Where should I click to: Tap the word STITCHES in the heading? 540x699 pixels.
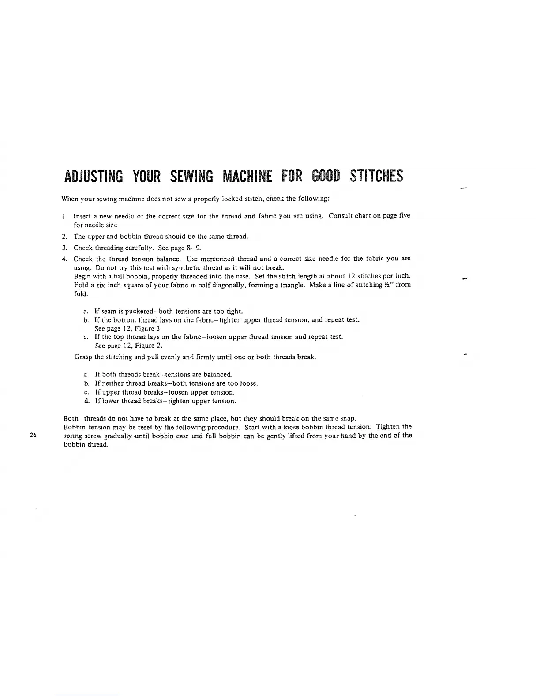[x=376, y=177]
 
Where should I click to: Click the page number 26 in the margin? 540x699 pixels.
[x=32, y=435]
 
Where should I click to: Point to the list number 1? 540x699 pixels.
[x=64, y=216]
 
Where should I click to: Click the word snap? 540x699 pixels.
[x=349, y=418]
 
